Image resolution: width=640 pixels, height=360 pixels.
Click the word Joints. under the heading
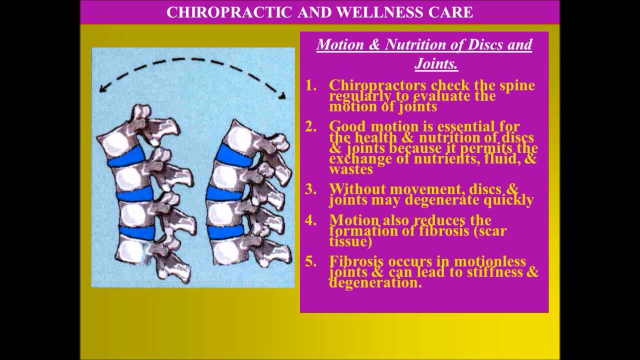[x=436, y=64]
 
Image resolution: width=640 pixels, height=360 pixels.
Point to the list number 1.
[x=311, y=85]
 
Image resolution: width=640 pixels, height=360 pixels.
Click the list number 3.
[x=311, y=189]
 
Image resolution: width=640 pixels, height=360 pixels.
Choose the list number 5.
[x=311, y=261]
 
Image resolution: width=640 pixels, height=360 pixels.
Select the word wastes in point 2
[x=350, y=169]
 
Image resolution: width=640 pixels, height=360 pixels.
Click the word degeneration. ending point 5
[x=375, y=282]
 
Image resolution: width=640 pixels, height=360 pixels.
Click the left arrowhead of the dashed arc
[x=103, y=88]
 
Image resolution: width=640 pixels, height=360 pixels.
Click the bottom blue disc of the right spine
[x=225, y=231]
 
